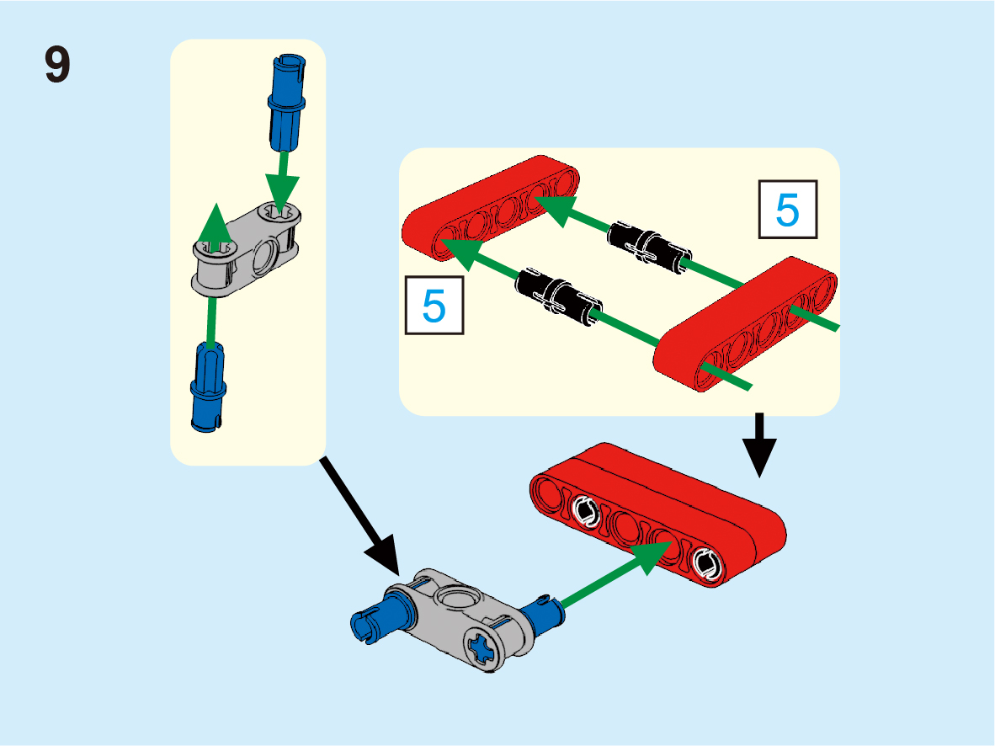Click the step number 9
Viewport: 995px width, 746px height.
pos(57,64)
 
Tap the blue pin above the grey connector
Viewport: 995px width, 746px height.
pos(287,103)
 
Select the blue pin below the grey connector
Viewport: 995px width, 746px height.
pos(208,387)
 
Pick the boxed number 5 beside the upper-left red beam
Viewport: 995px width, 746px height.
pos(434,306)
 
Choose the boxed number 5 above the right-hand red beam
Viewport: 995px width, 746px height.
pos(787,210)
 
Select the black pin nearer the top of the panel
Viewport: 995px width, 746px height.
pos(648,247)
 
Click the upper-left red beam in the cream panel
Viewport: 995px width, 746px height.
pos(491,207)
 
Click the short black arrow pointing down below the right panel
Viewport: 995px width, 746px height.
pos(759,445)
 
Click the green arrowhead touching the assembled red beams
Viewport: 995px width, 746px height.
pos(653,557)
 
